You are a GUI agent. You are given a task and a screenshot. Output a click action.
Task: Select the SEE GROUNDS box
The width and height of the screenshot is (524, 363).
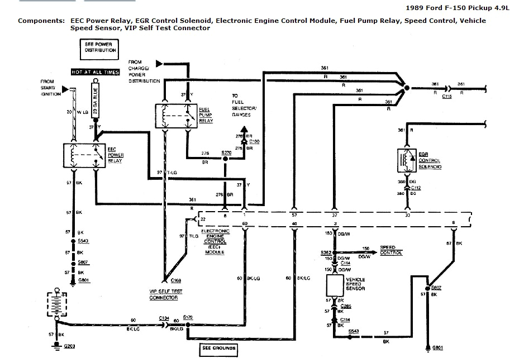click(218, 350)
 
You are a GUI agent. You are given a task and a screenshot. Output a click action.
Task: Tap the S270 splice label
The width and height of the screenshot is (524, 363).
click(226, 152)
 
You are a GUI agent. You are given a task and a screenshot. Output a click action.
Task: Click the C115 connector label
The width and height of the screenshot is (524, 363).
click(447, 97)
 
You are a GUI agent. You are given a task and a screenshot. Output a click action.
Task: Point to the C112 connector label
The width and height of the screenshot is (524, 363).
click(416, 188)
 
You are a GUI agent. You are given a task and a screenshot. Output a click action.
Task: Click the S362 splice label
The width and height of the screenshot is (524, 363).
click(326, 252)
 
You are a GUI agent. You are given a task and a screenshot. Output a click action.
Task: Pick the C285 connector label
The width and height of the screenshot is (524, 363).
click(346, 307)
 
